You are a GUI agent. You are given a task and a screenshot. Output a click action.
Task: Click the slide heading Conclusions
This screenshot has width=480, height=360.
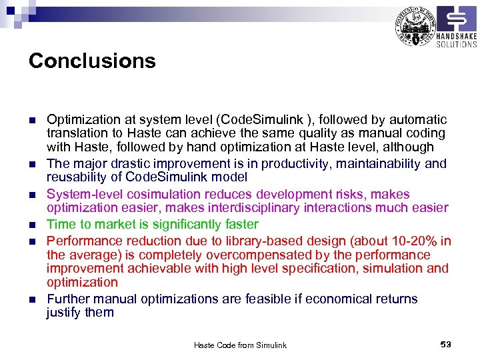[92, 61]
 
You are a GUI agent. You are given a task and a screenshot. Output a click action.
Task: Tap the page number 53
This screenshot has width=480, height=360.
[446, 344]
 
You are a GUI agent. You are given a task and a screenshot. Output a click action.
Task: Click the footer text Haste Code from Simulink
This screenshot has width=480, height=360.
[240, 345]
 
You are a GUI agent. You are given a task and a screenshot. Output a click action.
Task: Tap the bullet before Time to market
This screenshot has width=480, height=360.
[31, 225]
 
